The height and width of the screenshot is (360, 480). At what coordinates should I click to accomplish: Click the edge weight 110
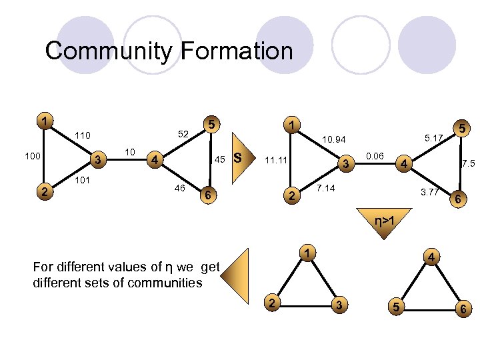(83, 135)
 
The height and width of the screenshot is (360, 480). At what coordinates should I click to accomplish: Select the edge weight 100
(31, 157)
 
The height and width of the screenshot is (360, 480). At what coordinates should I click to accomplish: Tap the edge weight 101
(83, 179)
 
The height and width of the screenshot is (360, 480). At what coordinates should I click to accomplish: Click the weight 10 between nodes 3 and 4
(131, 153)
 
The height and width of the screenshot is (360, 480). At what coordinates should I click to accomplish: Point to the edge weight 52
(181, 135)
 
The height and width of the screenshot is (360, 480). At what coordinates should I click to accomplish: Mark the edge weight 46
(179, 189)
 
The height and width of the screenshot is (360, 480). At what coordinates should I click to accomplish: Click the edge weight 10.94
(333, 140)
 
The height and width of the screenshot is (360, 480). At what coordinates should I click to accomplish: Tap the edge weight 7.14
(325, 189)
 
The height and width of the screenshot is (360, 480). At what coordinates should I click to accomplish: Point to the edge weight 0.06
(375, 156)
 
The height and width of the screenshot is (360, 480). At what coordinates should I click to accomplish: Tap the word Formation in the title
(236, 51)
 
